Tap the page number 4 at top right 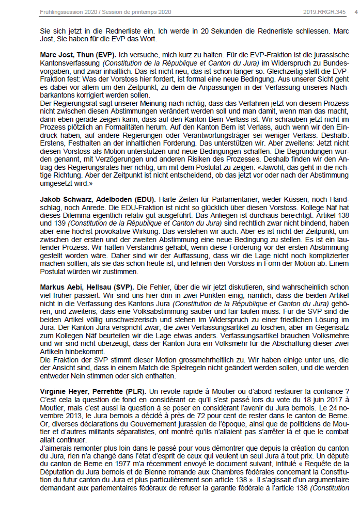(x=355, y=11)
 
